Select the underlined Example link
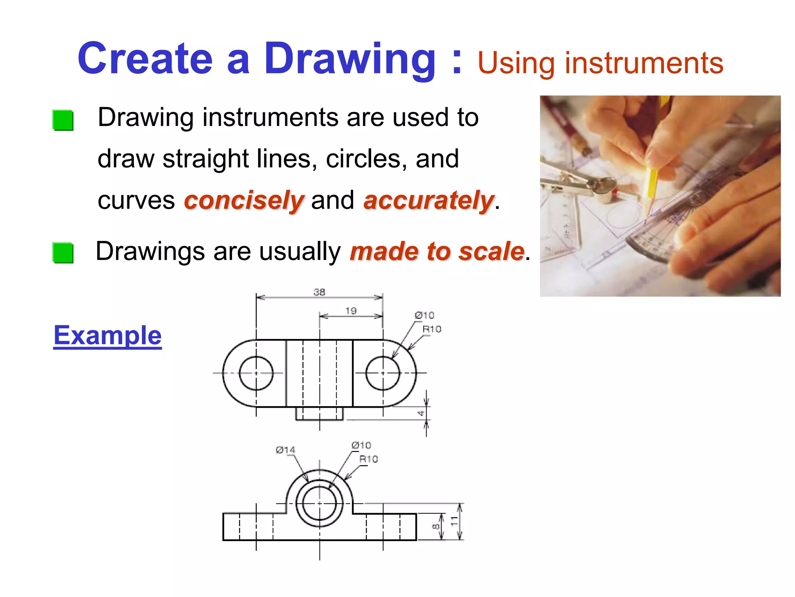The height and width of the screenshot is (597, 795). [108, 335]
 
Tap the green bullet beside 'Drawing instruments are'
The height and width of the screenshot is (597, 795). [63, 120]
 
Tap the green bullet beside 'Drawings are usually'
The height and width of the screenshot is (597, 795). [63, 253]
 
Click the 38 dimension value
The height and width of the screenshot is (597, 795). [319, 292]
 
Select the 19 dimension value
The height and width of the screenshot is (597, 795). [351, 311]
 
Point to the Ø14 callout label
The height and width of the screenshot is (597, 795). [285, 450]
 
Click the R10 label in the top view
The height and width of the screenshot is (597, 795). [432, 330]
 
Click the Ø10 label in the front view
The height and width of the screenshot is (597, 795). [361, 445]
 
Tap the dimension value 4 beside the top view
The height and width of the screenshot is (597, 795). [421, 413]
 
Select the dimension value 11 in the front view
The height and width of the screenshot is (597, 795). [453, 521]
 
